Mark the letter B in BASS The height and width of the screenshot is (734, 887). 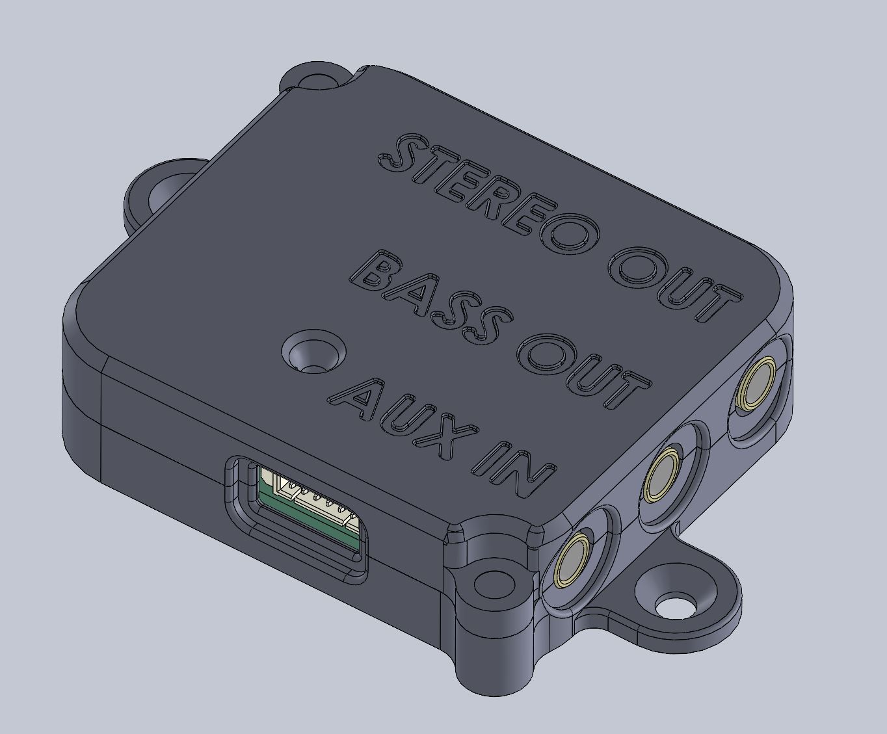coord(380,271)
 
